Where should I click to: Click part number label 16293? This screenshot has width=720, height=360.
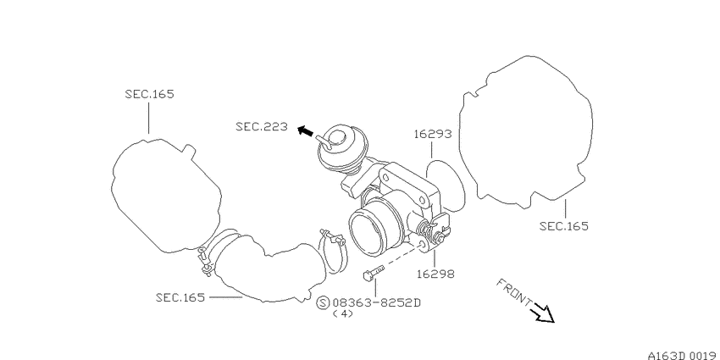pos(433,134)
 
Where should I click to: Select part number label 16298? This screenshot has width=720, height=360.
pos(435,274)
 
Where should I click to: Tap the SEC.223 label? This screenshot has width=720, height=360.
pos(262,126)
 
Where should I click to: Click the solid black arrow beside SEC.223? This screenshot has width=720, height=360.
pos(305,131)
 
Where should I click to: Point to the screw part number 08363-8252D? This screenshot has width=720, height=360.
pos(377,303)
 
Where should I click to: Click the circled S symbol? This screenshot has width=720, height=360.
pos(324,303)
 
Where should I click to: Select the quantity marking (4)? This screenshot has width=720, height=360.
pos(342,314)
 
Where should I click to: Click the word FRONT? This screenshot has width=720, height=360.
pos(514,291)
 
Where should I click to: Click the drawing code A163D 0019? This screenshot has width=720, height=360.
pos(684,355)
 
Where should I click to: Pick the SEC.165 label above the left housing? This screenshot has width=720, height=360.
pos(150,94)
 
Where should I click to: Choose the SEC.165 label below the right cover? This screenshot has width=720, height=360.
pos(564,226)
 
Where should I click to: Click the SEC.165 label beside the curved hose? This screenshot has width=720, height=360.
pos(180,297)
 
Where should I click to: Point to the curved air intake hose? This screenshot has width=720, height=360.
pos(269,271)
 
